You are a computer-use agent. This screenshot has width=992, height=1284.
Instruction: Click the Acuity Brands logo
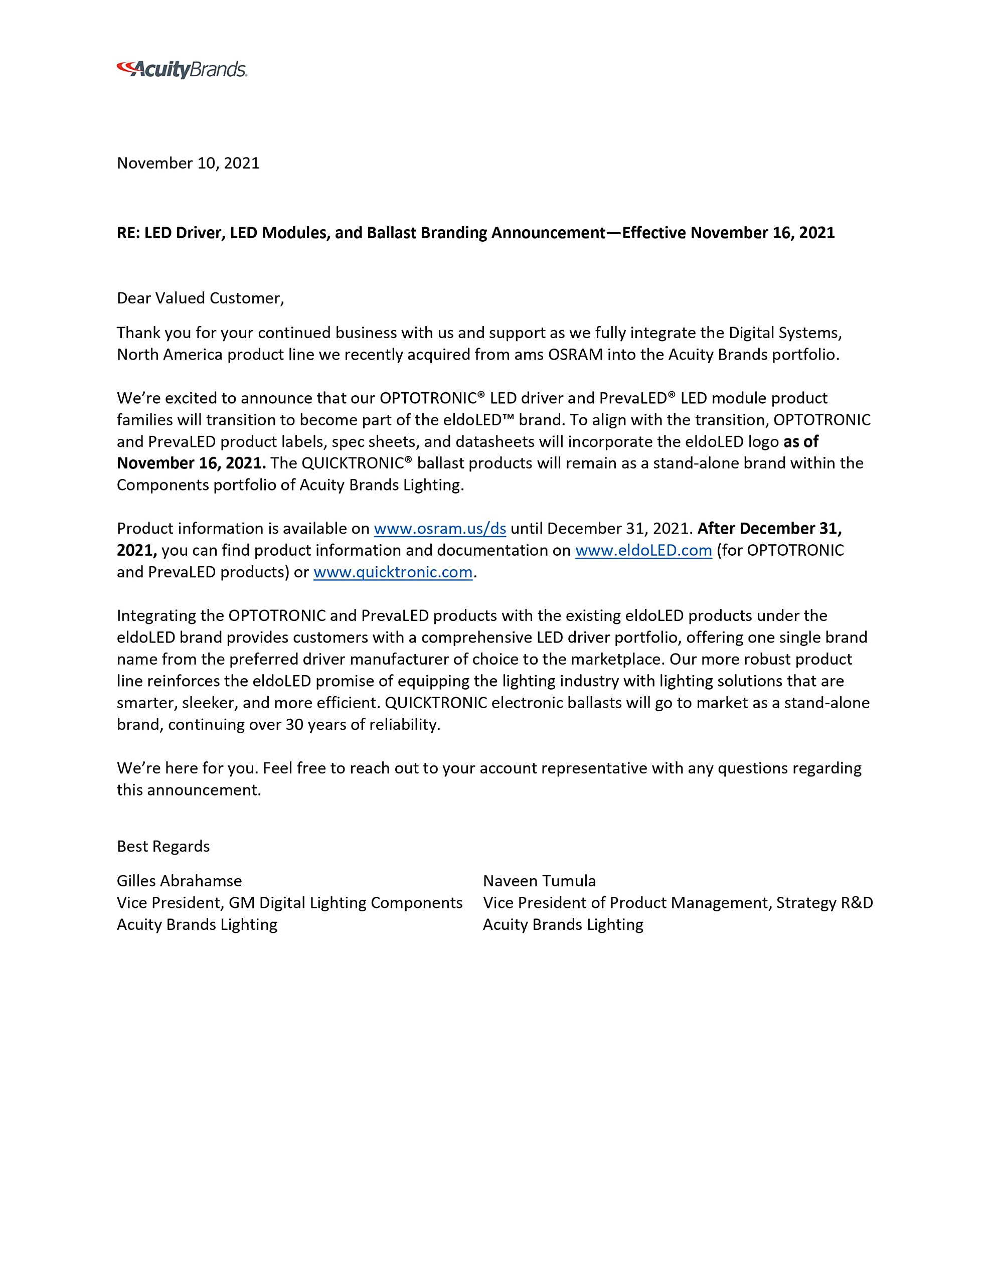182,69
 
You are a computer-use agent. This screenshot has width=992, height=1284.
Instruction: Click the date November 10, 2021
188,163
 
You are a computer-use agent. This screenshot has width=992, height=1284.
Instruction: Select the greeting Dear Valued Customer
200,298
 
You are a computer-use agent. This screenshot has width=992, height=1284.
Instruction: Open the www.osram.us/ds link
440,529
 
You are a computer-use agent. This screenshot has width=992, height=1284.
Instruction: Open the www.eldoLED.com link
643,550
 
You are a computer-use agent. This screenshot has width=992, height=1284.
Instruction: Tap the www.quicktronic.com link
393,572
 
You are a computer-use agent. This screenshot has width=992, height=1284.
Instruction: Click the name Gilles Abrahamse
180,881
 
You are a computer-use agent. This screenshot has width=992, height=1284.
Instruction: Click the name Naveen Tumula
539,881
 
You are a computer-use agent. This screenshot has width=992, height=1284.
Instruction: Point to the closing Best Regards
163,846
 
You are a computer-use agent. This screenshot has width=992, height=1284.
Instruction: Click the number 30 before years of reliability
294,724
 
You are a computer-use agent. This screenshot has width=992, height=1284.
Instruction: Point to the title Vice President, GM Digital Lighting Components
289,902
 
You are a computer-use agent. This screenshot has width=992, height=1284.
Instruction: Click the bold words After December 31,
769,529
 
